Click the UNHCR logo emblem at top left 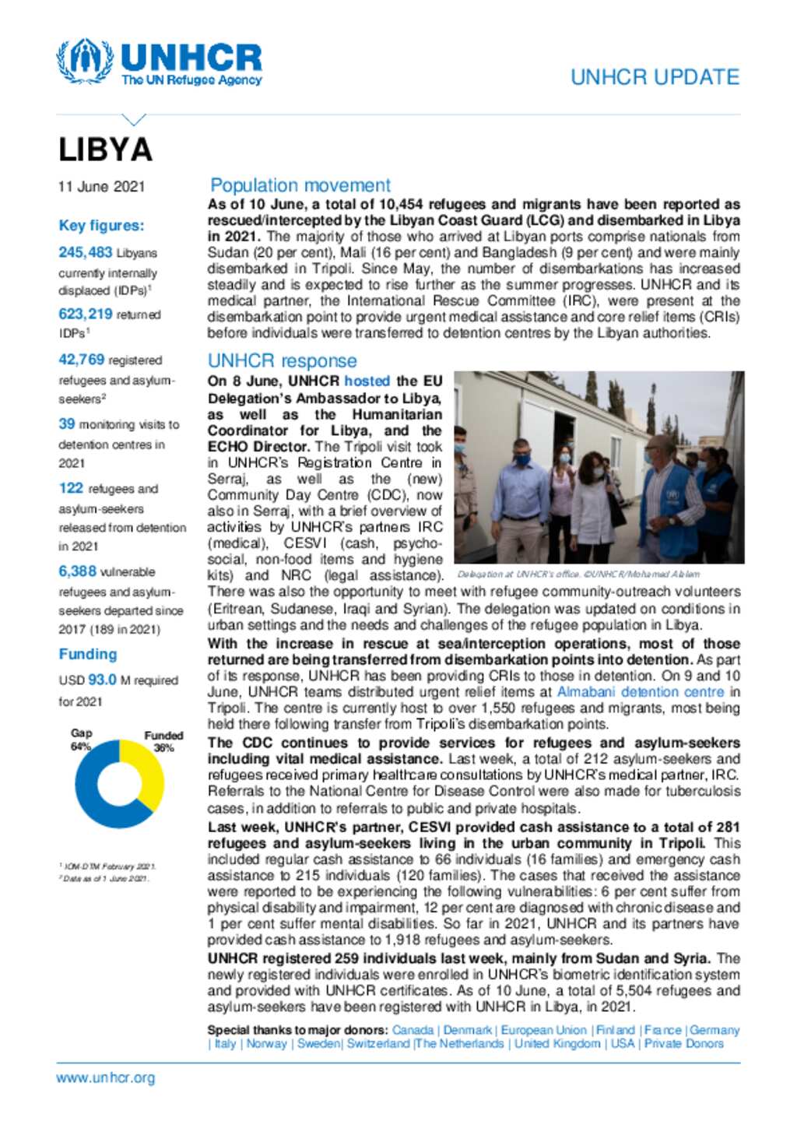point(84,60)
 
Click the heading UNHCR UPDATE point(655,77)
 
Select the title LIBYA point(106,150)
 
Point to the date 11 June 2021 point(101,187)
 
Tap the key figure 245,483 point(86,252)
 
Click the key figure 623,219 point(86,314)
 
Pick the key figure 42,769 point(82,360)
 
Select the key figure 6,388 point(78,571)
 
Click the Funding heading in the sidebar point(88,654)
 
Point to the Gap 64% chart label point(81,740)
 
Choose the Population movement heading point(300,185)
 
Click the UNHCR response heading point(283,360)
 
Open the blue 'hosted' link point(367,381)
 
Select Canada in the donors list point(413,1030)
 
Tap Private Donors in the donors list point(684,1043)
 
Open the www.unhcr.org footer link point(106,1078)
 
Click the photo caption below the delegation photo point(578,575)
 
